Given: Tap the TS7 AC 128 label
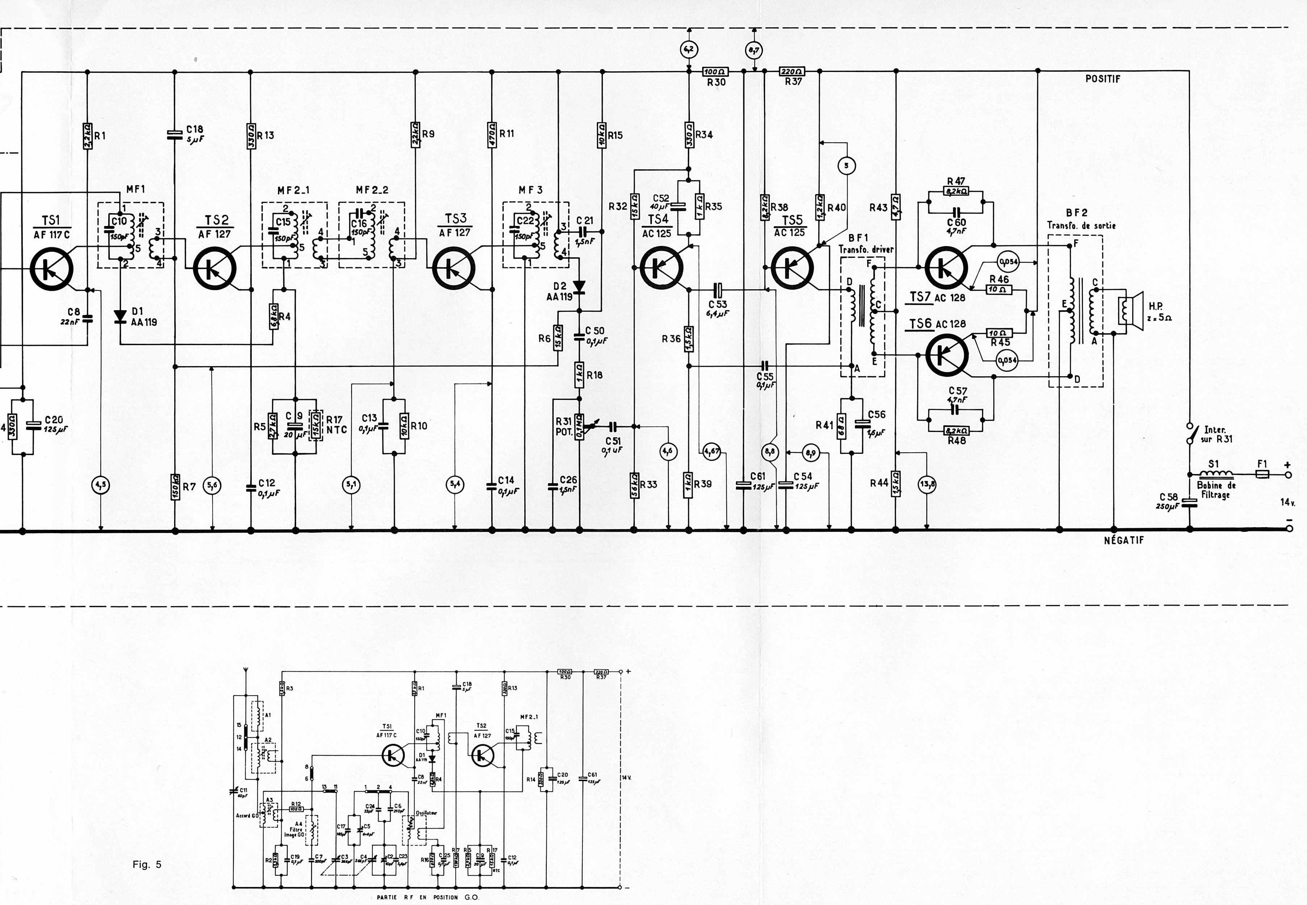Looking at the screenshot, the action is point(937,297).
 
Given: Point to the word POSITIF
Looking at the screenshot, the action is point(1103,79).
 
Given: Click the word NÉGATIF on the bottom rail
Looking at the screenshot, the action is point(1124,540).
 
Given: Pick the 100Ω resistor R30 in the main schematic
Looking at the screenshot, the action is point(715,72).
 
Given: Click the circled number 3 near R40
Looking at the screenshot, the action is point(846,165).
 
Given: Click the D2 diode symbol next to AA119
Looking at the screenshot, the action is point(579,287).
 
